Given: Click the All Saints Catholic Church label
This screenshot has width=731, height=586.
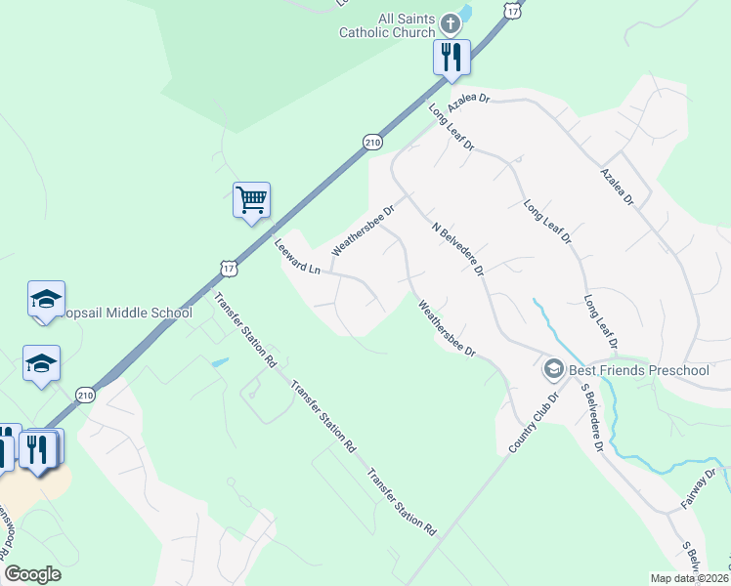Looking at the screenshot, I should pyautogui.click(x=387, y=24).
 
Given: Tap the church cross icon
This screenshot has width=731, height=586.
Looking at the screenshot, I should pyautogui.click(x=450, y=22).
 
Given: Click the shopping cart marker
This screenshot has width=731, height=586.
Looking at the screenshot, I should pyautogui.click(x=251, y=200).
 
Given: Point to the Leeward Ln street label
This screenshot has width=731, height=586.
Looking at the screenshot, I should pyautogui.click(x=297, y=257).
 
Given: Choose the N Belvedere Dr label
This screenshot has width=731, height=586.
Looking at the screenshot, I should pyautogui.click(x=458, y=248).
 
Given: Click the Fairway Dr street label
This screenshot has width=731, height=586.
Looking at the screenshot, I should pyautogui.click(x=698, y=489).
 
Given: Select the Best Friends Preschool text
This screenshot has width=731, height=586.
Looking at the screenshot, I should pyautogui.click(x=639, y=370).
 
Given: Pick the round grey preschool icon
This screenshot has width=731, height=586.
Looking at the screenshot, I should pyautogui.click(x=554, y=370).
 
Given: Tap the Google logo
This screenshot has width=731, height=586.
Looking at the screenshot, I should pyautogui.click(x=32, y=574).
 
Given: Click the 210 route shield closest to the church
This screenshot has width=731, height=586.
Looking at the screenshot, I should pyautogui.click(x=371, y=142).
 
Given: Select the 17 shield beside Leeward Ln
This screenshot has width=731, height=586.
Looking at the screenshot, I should pyautogui.click(x=228, y=267).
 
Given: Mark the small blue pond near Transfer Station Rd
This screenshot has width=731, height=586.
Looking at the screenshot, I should pyautogui.click(x=220, y=362).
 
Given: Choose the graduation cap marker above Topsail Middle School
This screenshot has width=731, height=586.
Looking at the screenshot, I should pyautogui.click(x=46, y=299).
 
